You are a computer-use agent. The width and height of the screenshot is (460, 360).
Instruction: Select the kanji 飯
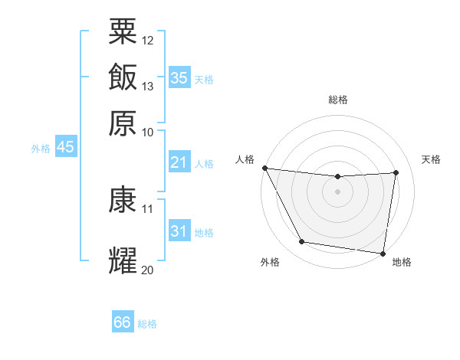[123, 77]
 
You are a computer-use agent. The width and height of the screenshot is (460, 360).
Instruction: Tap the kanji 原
[123, 123]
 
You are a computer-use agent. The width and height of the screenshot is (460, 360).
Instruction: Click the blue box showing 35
[179, 77]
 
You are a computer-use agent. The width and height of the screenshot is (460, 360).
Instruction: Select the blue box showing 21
[179, 162]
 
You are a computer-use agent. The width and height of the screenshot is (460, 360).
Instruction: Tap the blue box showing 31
[179, 231]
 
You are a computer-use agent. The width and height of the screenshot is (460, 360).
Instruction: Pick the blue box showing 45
[65, 147]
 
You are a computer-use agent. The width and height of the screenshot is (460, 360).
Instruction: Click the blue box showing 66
[123, 322]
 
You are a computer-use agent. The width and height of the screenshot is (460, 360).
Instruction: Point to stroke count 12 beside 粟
[148, 39]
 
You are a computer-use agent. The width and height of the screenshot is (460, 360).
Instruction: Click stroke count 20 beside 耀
[148, 270]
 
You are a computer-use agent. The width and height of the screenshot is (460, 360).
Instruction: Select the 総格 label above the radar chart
[338, 100]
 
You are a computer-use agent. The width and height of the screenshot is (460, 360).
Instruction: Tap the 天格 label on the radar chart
[431, 159]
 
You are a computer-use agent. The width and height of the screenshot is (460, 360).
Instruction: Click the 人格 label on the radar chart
[245, 159]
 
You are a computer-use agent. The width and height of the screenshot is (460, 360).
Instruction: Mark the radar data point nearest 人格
[264, 168]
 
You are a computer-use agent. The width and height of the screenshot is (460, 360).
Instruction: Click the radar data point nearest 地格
[383, 253]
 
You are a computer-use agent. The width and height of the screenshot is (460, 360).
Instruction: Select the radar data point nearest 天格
[396, 172]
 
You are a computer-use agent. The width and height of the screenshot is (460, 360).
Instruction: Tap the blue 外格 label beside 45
[41, 149]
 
